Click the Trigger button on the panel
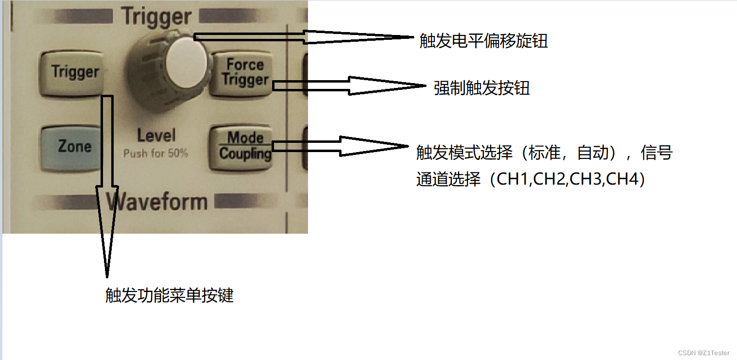coord(75,73)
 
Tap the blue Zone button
coord(74,147)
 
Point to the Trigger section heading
coord(156,17)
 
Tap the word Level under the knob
coord(156,136)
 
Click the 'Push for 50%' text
coord(155,154)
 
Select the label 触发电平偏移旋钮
coord(483,41)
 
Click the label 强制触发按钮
coord(481,88)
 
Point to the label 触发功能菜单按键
coord(169,295)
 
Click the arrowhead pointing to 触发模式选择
coord(374,146)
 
